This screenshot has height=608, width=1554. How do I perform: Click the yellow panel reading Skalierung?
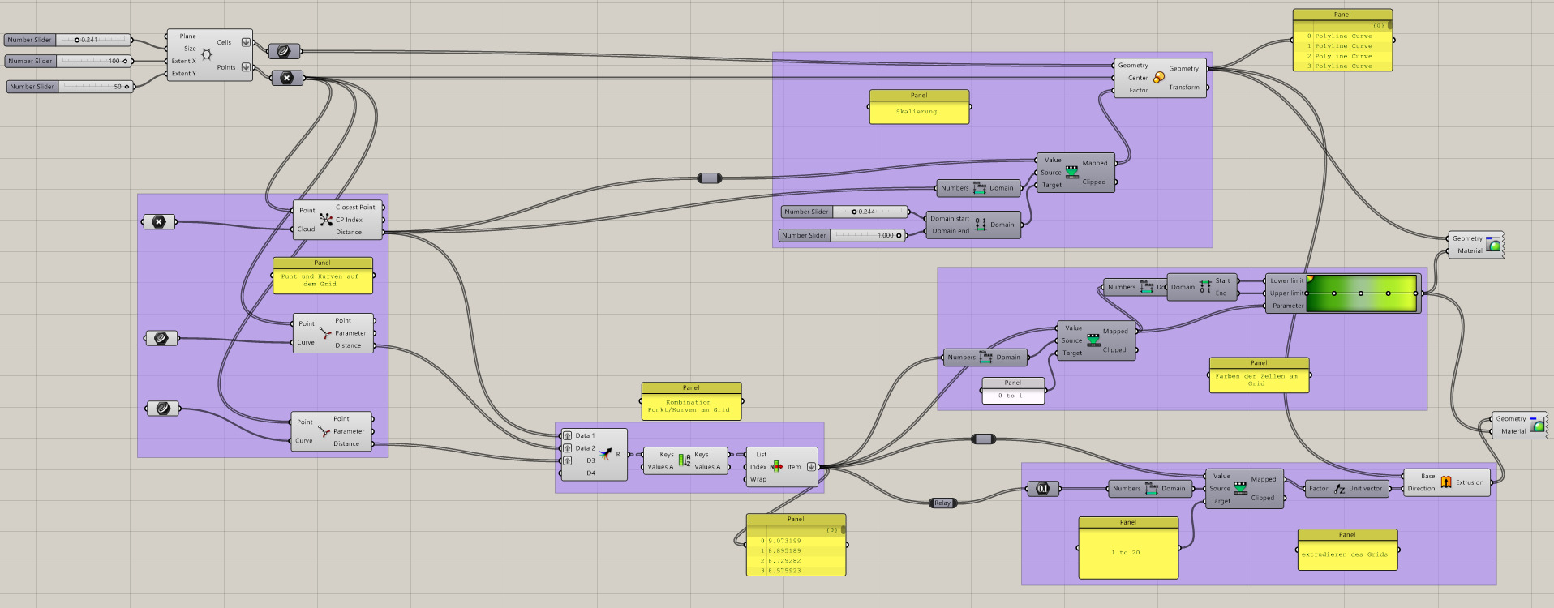(x=918, y=112)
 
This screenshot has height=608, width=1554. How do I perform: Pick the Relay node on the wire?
(x=942, y=503)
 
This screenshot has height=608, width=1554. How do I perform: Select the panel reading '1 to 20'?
(x=1127, y=553)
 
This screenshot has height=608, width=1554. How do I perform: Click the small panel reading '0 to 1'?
(x=1012, y=395)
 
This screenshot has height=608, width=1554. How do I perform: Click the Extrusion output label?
(x=1469, y=482)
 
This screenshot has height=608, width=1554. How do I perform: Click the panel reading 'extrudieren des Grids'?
(x=1346, y=554)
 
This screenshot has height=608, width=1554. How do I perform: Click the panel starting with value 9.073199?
(x=795, y=550)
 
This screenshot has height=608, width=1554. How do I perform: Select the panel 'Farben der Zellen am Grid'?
(x=1258, y=379)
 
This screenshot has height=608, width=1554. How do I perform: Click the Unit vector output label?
(x=1365, y=488)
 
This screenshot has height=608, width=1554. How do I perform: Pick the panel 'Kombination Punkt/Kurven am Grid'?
(x=690, y=405)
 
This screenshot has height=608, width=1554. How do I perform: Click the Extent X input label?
(x=183, y=61)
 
